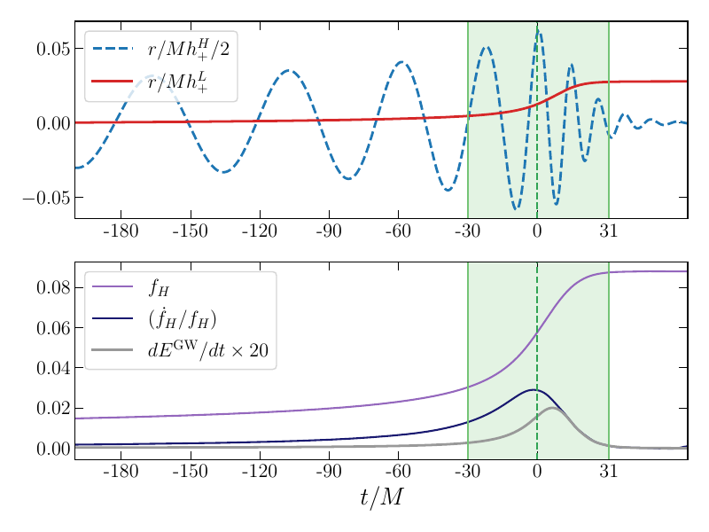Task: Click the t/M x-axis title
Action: [x=381, y=499]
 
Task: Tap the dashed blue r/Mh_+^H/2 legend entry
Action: [x=188, y=50]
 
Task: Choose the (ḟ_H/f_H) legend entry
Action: [x=182, y=319]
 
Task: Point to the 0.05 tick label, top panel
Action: [x=53, y=49]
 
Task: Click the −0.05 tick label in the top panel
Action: [x=47, y=198]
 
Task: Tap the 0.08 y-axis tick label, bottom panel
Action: [x=53, y=287]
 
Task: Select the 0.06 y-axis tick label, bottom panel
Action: [x=53, y=328]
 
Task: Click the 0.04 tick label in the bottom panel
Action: [x=53, y=368]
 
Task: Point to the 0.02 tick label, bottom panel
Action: [x=53, y=409]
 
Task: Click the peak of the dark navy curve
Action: [x=532, y=389]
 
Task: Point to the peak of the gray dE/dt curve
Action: [x=551, y=408]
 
